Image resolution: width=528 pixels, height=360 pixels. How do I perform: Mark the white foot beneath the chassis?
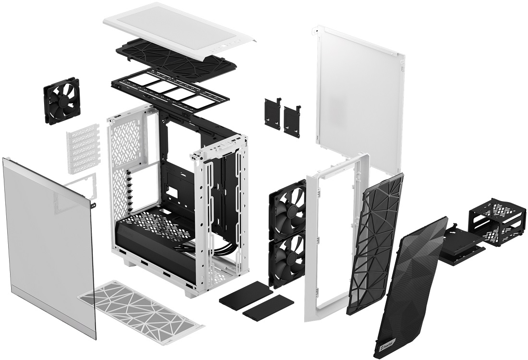[x=130, y=262]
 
